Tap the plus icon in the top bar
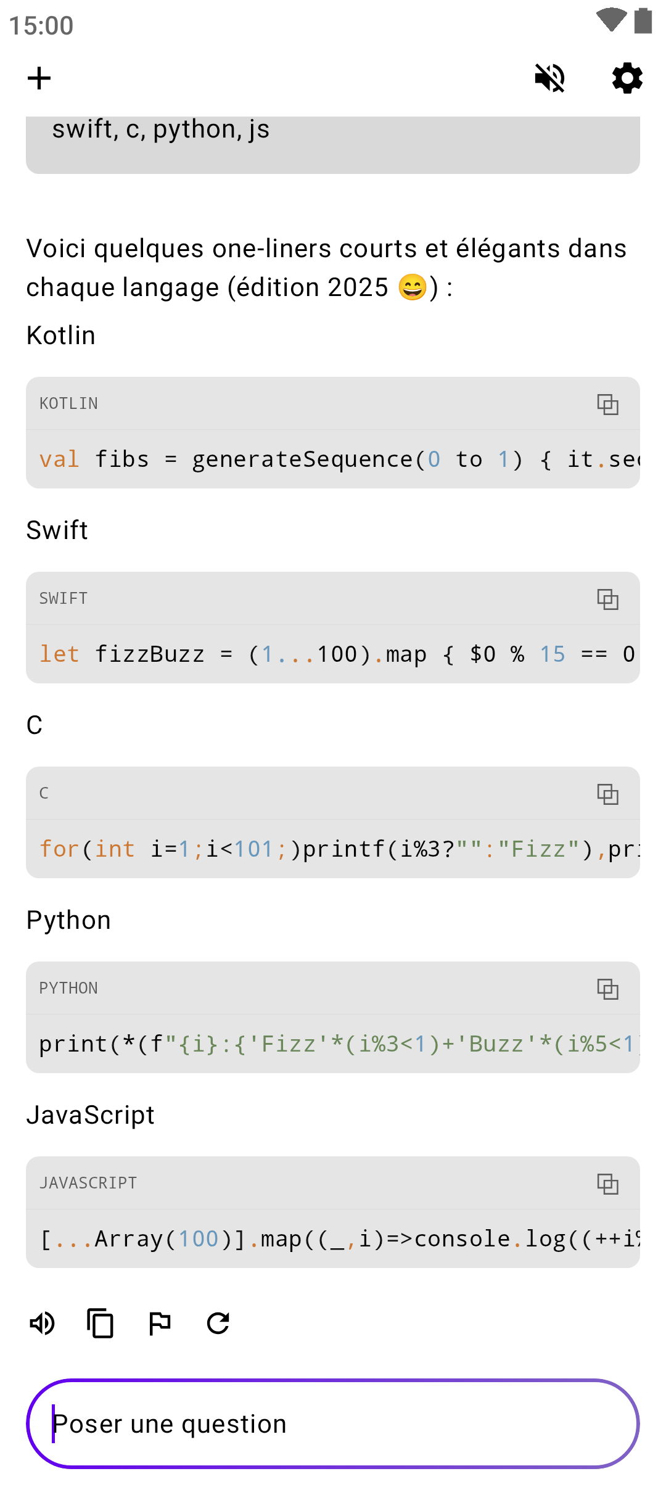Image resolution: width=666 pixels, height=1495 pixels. [x=39, y=78]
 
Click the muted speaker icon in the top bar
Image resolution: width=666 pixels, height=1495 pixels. [x=549, y=78]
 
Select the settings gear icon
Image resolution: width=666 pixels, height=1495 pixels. [x=627, y=78]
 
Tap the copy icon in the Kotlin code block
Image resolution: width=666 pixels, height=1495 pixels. [x=607, y=405]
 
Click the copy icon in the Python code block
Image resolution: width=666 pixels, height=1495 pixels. [x=607, y=989]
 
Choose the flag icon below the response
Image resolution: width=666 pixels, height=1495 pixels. [x=160, y=1324]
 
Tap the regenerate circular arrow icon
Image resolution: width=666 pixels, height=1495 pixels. [x=218, y=1324]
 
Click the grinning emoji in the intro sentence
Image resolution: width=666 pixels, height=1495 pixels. [x=413, y=287]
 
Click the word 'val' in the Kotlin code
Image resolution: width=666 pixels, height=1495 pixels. [x=59, y=459]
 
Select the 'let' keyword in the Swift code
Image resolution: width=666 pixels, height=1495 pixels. [x=59, y=654]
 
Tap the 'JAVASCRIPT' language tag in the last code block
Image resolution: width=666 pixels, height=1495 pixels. [x=88, y=1183]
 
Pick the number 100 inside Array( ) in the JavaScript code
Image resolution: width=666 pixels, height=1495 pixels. [x=199, y=1239]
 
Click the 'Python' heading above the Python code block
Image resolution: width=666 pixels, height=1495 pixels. [x=68, y=920]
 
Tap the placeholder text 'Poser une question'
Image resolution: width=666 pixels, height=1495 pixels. [x=170, y=1424]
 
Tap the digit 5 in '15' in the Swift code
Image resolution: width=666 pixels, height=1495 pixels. [x=559, y=654]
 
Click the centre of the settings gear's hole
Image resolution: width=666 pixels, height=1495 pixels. [x=627, y=78]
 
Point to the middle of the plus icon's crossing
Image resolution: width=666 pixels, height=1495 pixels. [x=39, y=78]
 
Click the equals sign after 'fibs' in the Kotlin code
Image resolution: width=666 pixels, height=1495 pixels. [x=171, y=460]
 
